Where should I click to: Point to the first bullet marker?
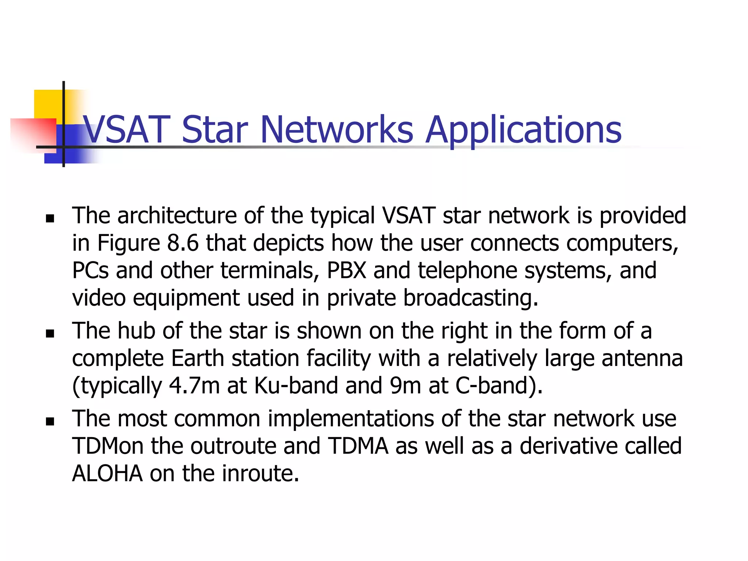(x=50, y=219)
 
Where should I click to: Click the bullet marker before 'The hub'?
(x=50, y=333)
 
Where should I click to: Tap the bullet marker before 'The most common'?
(x=50, y=422)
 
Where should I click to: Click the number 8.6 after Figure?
(x=183, y=243)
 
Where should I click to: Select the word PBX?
(x=346, y=271)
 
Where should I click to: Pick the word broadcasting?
(x=470, y=298)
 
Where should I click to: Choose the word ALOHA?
(x=107, y=474)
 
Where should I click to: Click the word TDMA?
(x=358, y=446)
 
